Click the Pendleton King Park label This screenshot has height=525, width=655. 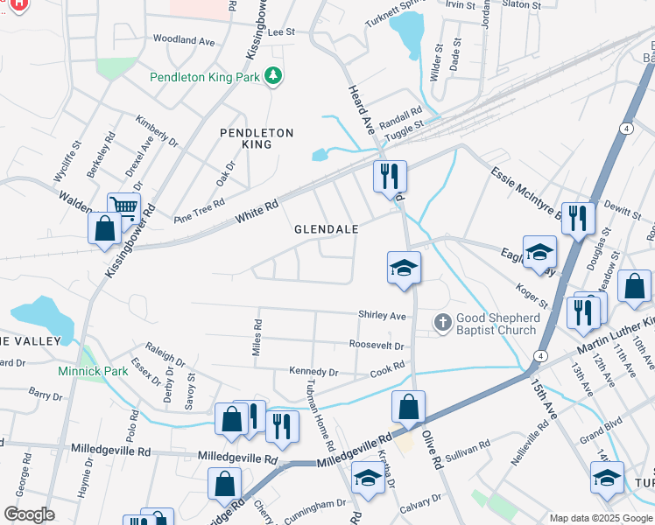click(x=207, y=77)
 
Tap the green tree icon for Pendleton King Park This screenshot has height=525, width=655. click(x=275, y=77)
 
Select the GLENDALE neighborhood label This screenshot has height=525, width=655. click(x=327, y=228)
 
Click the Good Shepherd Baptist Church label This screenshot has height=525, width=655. click(x=496, y=323)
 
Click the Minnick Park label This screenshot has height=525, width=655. click(x=93, y=371)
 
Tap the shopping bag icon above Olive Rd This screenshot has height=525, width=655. click(x=408, y=406)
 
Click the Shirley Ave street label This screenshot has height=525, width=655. click(x=383, y=315)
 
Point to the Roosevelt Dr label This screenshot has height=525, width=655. click(x=376, y=346)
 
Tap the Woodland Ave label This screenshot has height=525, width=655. click(x=184, y=40)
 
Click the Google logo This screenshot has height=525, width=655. click(x=29, y=514)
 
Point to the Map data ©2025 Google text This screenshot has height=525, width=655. click(x=600, y=518)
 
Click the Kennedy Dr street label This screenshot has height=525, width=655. click(x=313, y=373)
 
